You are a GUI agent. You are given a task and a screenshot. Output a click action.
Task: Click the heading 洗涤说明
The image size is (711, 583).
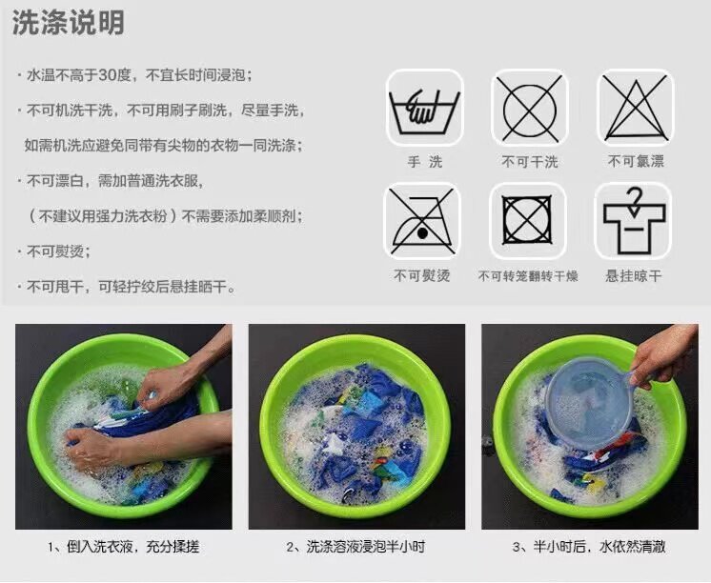pos(68,23)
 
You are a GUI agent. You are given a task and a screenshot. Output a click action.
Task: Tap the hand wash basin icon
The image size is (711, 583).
pos(424,108)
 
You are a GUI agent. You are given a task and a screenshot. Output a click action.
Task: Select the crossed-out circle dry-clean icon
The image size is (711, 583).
pos(530,108)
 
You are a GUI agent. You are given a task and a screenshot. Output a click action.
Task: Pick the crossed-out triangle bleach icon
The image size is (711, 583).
pos(636,108)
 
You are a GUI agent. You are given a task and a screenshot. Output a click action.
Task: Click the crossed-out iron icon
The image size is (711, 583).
pos(422,221)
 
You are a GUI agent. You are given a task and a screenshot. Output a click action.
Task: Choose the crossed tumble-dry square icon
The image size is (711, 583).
pos(527,221)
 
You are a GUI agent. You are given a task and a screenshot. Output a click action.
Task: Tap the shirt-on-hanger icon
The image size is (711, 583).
pos(634,221)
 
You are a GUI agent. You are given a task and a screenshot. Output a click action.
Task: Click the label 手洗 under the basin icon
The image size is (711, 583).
pos(424,161)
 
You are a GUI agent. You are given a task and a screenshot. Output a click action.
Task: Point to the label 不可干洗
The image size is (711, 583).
pos(530,161)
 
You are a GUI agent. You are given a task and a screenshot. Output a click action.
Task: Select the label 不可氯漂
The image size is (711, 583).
pos(636,161)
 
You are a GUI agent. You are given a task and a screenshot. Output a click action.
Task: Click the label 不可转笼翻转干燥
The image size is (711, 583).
pos(528,275)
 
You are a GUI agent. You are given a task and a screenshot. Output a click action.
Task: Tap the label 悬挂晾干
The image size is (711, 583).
pos(634,275)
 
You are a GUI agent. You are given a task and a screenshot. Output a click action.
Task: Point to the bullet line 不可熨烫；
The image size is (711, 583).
pos(58,251)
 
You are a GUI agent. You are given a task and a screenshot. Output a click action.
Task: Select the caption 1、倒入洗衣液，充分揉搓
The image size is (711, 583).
pos(123,547)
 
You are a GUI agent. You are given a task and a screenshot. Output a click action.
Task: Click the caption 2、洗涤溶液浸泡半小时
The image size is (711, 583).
pos(356,547)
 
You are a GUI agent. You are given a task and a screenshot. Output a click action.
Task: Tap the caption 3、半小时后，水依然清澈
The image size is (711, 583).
pos(589,547)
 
